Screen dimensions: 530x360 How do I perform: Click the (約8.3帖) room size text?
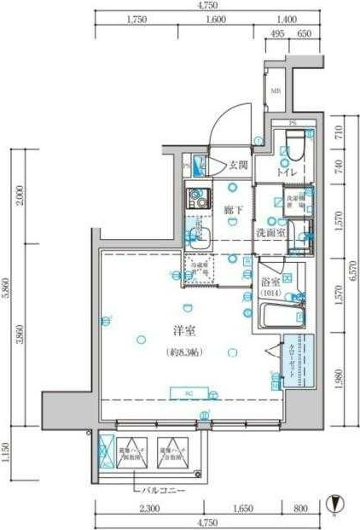(x=178, y=352)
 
